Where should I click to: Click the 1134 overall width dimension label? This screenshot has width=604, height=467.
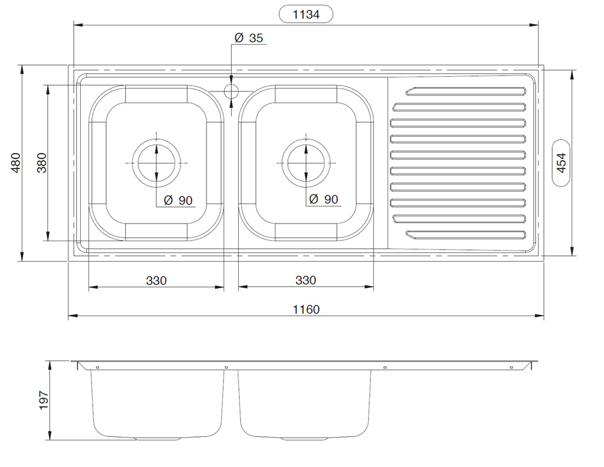click(306, 15)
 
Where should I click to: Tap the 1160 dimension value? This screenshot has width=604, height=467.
click(306, 310)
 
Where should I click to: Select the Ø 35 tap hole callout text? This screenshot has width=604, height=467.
click(248, 38)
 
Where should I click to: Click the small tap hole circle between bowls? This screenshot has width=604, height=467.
click(231, 91)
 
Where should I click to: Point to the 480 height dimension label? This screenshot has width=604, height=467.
click(16, 163)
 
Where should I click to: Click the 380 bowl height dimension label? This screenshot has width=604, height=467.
click(42, 163)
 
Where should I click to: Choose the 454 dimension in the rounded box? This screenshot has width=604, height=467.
click(562, 163)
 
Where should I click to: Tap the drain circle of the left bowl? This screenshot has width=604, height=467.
click(156, 163)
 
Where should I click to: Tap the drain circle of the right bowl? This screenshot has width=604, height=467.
click(306, 163)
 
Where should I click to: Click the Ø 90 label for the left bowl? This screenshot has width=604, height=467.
click(178, 200)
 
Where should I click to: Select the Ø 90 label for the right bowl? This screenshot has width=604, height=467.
click(324, 199)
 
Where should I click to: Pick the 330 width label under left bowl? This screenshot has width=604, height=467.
click(156, 281)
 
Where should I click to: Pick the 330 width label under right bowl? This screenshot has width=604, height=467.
click(306, 280)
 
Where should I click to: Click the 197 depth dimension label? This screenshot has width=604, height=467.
click(44, 400)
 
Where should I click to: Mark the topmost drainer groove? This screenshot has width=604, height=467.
click(466, 91)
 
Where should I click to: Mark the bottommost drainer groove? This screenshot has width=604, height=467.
click(466, 235)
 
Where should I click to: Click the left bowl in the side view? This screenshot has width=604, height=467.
click(157, 404)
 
